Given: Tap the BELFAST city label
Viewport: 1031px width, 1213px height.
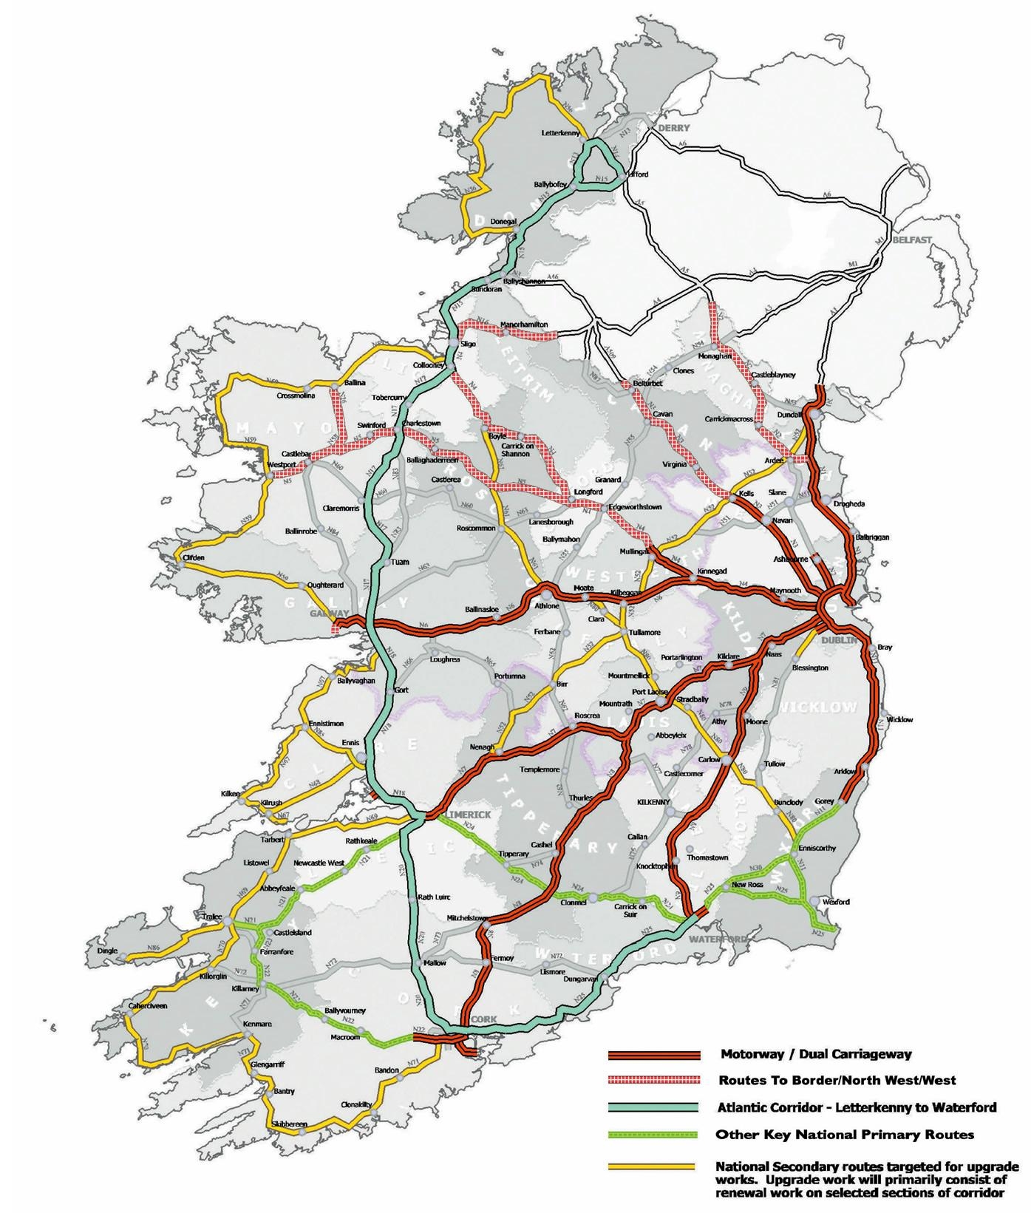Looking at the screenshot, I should coord(911,239).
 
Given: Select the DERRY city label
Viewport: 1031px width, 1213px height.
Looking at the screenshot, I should coord(673,128).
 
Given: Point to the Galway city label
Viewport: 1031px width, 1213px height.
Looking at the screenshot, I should coord(329,614).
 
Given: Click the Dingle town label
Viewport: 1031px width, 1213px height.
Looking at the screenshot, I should coord(107,951).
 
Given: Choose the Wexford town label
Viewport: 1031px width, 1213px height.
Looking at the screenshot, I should coord(835,902).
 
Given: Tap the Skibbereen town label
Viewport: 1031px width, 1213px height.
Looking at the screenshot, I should coord(289,1124).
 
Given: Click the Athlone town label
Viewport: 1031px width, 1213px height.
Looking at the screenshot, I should coord(547,605).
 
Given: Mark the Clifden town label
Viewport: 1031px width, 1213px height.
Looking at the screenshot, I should coord(193,557).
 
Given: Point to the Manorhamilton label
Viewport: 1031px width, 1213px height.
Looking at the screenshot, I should coord(524,325).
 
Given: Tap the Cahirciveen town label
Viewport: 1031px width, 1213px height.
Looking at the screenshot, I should coord(148,1005).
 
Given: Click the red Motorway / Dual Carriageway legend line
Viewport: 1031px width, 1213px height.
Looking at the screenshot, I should coord(653,1055).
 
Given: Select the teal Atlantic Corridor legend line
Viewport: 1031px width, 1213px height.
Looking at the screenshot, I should coord(653,1107).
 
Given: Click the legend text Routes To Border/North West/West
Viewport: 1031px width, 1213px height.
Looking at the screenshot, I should coord(837,1081).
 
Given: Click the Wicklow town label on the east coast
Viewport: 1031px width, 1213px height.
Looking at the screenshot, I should coord(899,719).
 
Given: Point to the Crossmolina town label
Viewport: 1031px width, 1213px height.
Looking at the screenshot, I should coord(296,395).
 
